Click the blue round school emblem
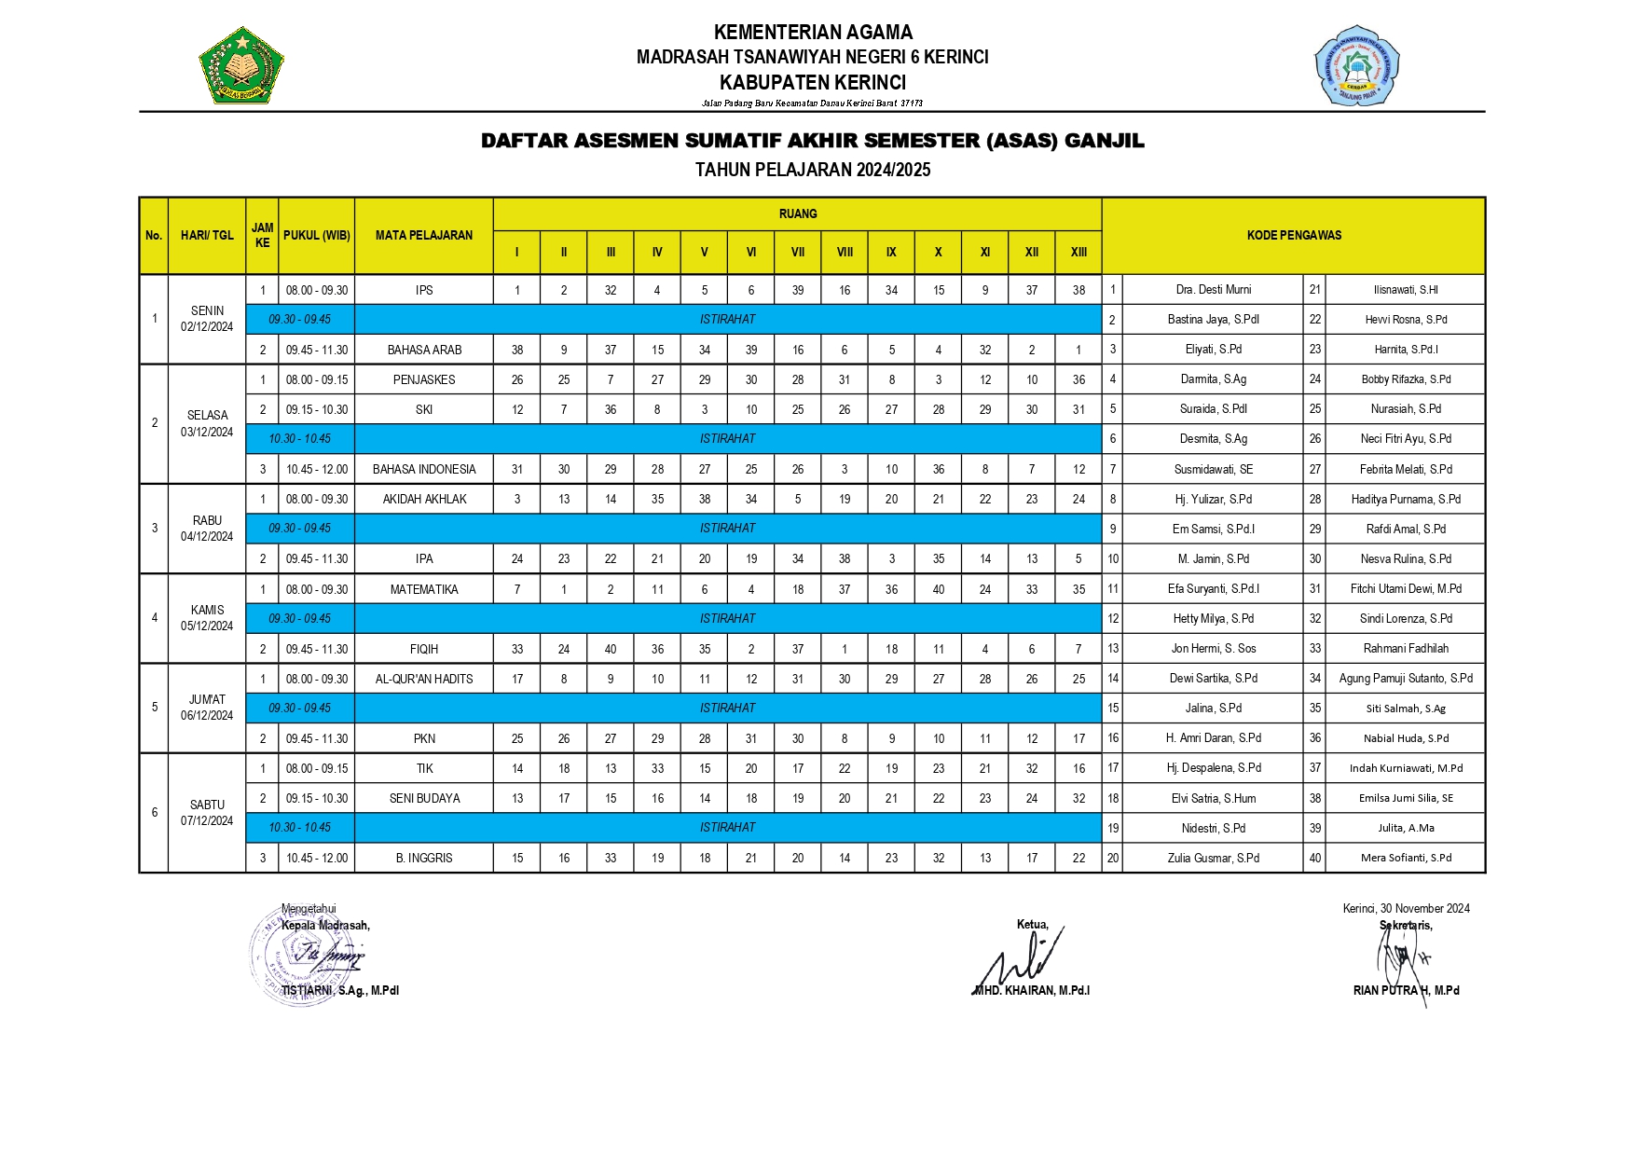tap(1357, 65)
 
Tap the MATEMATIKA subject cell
tap(424, 589)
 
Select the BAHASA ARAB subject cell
tap(424, 350)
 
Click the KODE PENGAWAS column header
tap(1294, 235)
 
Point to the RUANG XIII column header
tap(1079, 252)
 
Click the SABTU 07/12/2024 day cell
tap(207, 812)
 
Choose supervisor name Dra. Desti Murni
tap(1213, 289)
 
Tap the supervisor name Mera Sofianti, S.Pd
tap(1405, 858)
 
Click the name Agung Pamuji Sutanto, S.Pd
tap(1405, 678)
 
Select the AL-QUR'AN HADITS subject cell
tap(424, 679)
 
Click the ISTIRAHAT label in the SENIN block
tap(727, 319)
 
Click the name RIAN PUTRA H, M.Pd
tap(1406, 990)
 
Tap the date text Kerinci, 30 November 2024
tap(1406, 908)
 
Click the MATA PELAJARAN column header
tap(424, 235)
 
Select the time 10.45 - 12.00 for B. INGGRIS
tap(317, 858)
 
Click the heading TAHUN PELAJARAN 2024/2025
tap(812, 170)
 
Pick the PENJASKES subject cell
tap(424, 379)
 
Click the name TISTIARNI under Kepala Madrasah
tap(340, 990)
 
